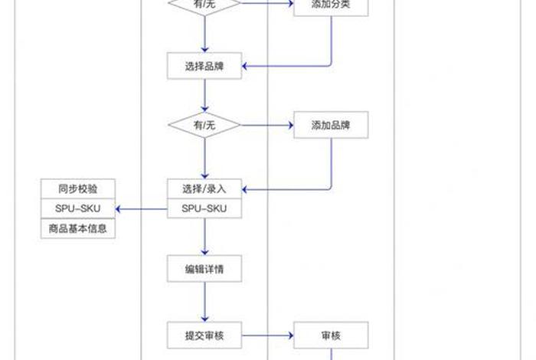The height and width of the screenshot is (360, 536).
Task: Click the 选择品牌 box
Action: [x=205, y=65]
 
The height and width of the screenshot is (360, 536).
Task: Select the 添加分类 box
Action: [x=331, y=5]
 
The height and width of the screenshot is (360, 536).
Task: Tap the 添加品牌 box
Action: [x=331, y=125]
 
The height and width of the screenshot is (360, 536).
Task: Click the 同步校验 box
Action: [x=77, y=188]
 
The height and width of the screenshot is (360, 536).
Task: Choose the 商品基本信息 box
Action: [x=77, y=228]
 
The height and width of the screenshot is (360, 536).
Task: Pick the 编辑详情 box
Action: [x=205, y=269]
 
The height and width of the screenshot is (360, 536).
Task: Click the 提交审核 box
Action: [x=205, y=335]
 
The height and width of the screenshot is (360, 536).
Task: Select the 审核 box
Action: [x=331, y=335]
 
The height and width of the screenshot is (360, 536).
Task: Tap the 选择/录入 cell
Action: [x=205, y=188]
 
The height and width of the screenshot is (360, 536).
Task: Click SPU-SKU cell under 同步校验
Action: [x=77, y=208]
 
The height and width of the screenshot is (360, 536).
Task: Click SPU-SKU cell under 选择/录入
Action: [x=205, y=208]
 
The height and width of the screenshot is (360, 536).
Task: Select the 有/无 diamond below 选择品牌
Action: [x=205, y=125]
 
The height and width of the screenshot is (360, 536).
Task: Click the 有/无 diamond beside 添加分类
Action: [x=205, y=5]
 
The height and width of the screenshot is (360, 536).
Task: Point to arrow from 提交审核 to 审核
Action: [x=268, y=335]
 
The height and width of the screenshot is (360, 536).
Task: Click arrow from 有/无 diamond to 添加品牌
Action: [x=268, y=125]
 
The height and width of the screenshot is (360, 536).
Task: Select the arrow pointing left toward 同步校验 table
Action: [x=142, y=208]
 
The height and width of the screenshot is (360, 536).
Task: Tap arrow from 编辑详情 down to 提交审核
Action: [x=205, y=302]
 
